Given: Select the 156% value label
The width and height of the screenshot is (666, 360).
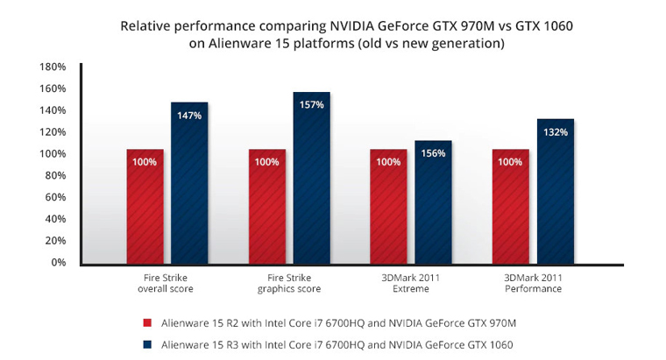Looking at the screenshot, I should pyautogui.click(x=434, y=152).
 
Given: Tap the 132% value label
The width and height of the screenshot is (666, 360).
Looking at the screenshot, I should pyautogui.click(x=555, y=132).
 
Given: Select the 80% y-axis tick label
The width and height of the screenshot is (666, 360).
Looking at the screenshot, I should pyautogui.click(x=56, y=175).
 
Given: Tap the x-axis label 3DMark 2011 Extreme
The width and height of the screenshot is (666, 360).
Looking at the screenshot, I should pyautogui.click(x=411, y=282).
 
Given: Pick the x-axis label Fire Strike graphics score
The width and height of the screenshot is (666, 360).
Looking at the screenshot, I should pyautogui.click(x=290, y=282).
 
